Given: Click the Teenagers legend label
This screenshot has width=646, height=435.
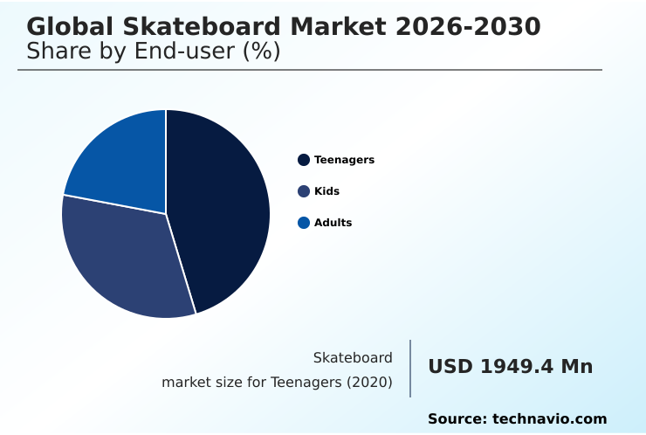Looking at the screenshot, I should pyautogui.click(x=344, y=160).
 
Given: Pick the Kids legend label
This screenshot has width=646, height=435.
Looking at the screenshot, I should pyautogui.click(x=326, y=191).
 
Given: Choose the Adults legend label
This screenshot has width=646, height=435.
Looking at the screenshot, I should pyautogui.click(x=333, y=223).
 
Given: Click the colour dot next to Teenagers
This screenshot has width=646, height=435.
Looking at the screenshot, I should pyautogui.click(x=304, y=160).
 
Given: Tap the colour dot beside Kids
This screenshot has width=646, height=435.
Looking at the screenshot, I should pyautogui.click(x=304, y=191).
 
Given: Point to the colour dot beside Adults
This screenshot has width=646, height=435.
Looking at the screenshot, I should pyautogui.click(x=304, y=223).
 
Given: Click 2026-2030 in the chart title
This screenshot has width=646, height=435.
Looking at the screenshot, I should pyautogui.click(x=467, y=27).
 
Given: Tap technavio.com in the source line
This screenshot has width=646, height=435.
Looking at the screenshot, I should pyautogui.click(x=549, y=419).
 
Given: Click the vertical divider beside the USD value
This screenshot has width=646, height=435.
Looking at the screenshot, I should pyautogui.click(x=410, y=369).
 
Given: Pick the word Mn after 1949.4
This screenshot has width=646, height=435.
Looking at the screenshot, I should pyautogui.click(x=576, y=367).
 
